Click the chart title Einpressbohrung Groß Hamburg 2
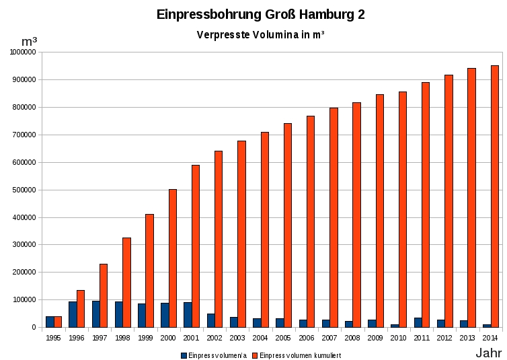260,14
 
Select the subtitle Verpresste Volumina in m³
260,34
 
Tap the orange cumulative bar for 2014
495,196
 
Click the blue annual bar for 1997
96,314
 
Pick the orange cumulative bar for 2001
196,246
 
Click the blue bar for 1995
50,322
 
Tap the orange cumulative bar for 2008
357,215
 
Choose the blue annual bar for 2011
418,322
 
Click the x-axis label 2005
284,337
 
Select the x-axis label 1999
145,337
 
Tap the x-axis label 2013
467,337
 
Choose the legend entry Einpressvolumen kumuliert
300,355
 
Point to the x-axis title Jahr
489,353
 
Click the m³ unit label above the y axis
29,41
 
